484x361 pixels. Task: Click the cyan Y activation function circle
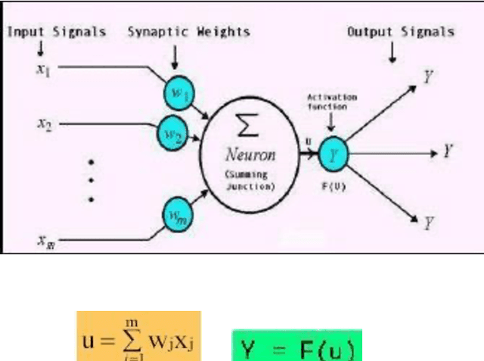pyautogui.click(x=333, y=154)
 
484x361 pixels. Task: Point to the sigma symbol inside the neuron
pyautogui.click(x=249, y=126)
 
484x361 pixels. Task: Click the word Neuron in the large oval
pyautogui.click(x=250, y=155)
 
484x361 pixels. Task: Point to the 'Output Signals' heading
pyautogui.click(x=400, y=32)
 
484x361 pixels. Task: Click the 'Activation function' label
pyautogui.click(x=327, y=103)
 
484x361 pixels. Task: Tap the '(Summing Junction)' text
pyautogui.click(x=250, y=179)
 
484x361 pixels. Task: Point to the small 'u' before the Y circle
pyautogui.click(x=307, y=142)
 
